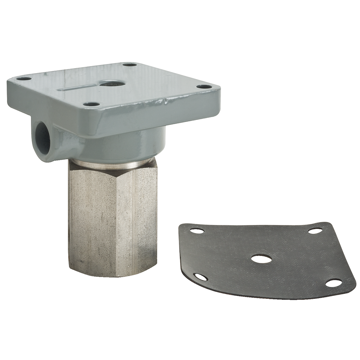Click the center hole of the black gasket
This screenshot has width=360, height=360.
261,259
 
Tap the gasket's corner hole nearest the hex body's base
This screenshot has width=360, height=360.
201,277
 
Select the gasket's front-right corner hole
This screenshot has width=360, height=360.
333,283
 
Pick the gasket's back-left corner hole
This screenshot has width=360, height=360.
197,231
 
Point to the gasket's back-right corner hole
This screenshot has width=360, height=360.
315,231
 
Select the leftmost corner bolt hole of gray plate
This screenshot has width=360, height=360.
24,79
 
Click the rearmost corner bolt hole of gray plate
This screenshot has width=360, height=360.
130,65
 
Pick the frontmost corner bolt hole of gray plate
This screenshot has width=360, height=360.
92,104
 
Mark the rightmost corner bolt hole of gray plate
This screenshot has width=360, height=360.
204,86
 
